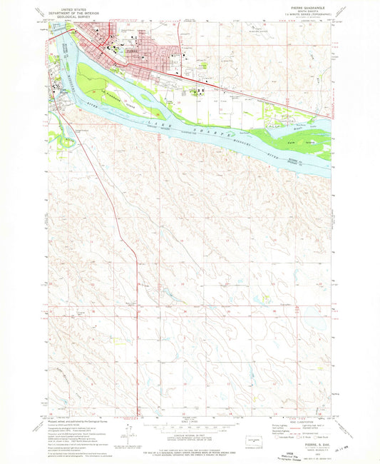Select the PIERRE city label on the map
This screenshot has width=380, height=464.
coord(133,52)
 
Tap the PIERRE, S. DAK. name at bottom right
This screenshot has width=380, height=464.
coord(307,442)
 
